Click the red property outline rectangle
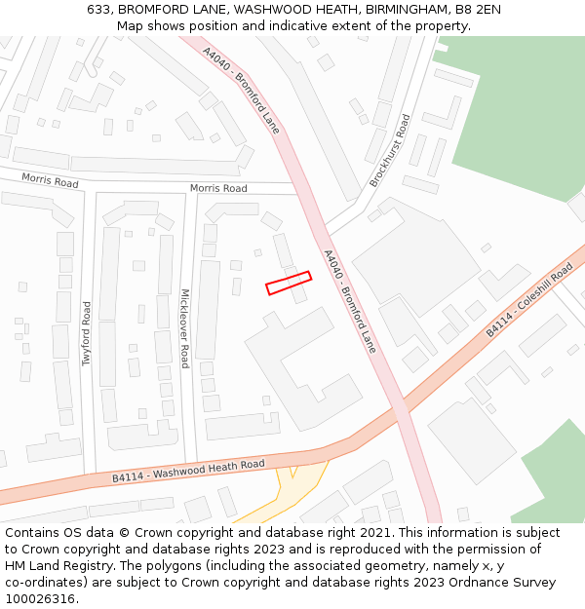(x=289, y=283)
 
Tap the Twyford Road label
(x=87, y=333)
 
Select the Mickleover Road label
(x=183, y=327)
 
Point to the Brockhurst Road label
(x=390, y=151)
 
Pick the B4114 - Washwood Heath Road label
(x=188, y=471)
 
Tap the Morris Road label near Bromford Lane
(x=218, y=188)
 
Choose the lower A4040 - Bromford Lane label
(x=349, y=301)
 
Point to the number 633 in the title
(x=98, y=9)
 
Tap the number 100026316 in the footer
(x=40, y=599)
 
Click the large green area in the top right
(x=517, y=117)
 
